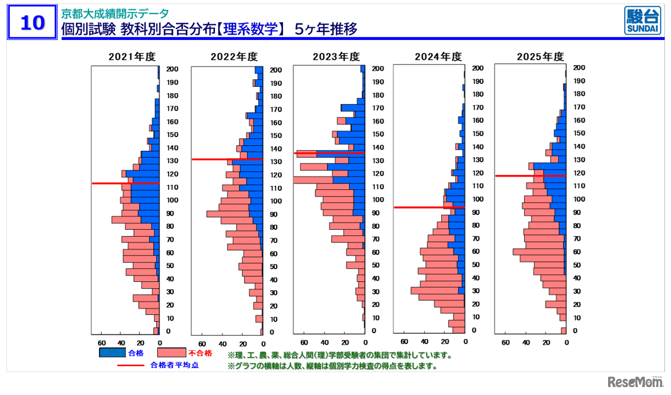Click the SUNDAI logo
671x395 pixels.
click(641, 22)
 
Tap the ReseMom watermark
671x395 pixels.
click(633, 381)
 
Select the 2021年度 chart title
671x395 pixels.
click(133, 57)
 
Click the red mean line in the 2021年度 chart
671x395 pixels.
click(125, 183)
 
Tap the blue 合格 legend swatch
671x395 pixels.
click(113, 353)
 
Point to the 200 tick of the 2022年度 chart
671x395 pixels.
click(276, 70)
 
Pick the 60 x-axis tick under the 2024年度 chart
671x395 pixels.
click(404, 341)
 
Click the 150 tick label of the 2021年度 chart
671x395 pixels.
click(172, 134)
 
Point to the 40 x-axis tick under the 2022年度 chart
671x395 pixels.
click(223, 344)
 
